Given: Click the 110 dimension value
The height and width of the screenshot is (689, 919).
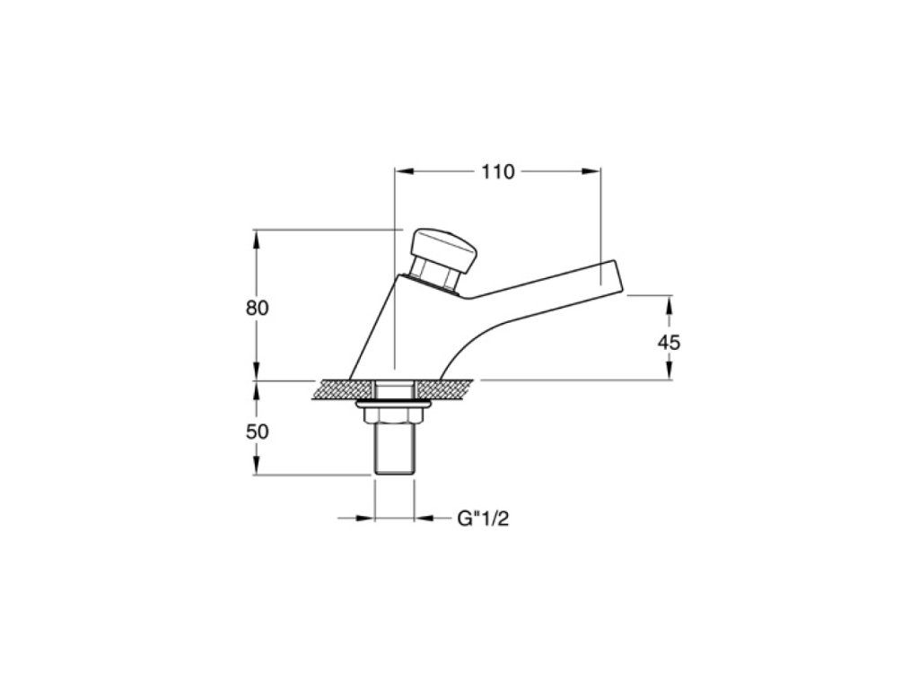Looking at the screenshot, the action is (x=497, y=171).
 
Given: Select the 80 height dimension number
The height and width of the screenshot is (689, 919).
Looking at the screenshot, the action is (x=257, y=308).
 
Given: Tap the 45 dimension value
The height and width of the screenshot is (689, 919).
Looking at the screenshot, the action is (x=669, y=342).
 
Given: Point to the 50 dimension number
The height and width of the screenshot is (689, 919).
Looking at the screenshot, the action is (x=257, y=432).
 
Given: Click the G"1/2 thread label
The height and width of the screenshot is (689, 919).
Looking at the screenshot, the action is (x=483, y=519).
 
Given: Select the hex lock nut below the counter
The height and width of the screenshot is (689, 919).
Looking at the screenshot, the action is (x=394, y=415).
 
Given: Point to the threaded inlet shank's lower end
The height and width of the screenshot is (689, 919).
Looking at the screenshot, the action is (x=395, y=472).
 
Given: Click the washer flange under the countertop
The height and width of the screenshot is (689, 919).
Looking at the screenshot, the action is (x=394, y=404).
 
